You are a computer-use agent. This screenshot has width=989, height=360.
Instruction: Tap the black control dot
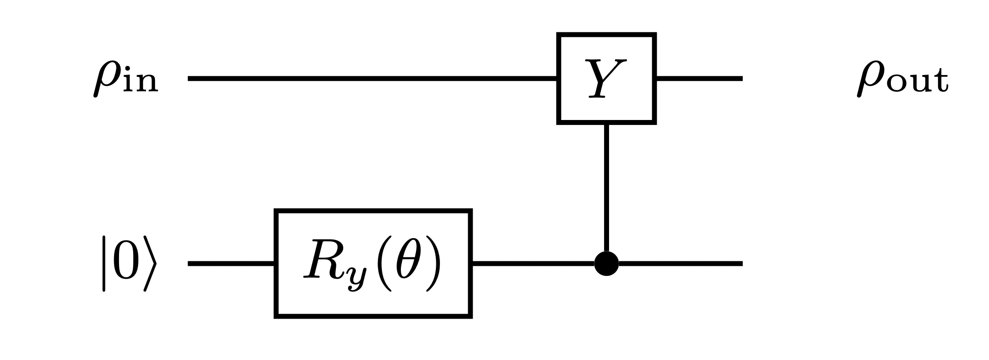[x=606, y=263]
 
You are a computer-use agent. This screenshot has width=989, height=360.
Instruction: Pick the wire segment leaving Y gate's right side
[x=699, y=79]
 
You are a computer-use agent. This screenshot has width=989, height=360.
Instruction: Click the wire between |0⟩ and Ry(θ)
[x=231, y=263]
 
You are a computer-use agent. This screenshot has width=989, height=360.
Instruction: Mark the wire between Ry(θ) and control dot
[x=532, y=263]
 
